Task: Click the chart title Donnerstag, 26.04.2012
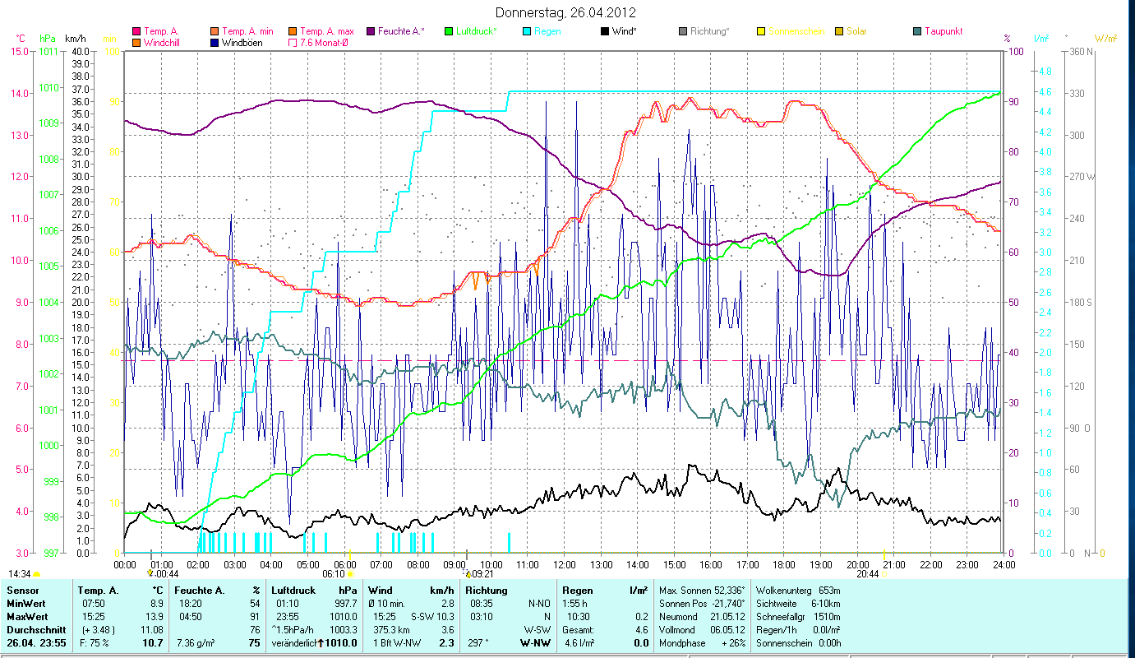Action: pos(566,12)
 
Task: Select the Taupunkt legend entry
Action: pos(943,31)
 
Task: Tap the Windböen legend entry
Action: pos(242,42)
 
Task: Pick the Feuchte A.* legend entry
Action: pos(401,31)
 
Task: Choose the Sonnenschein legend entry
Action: pos(796,31)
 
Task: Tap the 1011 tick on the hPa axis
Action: pos(49,51)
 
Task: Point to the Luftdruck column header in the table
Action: pos(292,591)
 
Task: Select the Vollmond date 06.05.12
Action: pos(727,630)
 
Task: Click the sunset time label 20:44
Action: pos(867,574)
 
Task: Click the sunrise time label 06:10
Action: pos(334,574)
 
